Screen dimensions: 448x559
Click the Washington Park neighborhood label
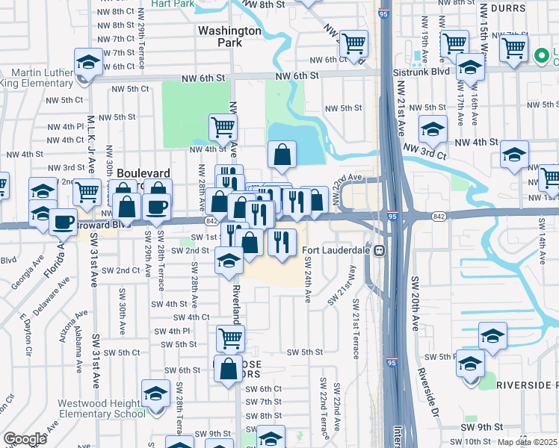[229, 37]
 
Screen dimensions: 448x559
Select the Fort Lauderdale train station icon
[380, 250]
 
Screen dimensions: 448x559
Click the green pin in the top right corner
[542, 55]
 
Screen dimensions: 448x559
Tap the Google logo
[25, 438]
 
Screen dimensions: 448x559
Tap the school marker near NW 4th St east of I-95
[433, 129]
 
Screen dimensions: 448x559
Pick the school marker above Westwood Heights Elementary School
[156, 393]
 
